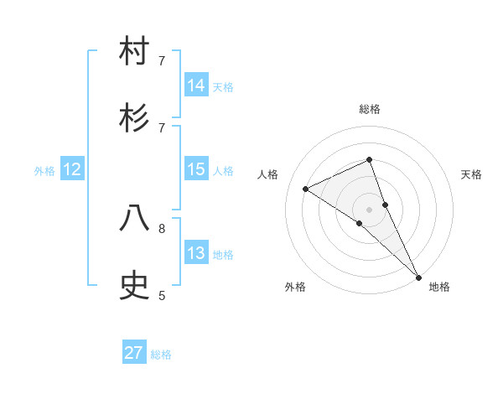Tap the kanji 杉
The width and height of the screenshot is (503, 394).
coord(135,118)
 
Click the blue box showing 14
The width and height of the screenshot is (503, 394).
coord(196,85)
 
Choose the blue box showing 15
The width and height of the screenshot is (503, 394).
coord(196,169)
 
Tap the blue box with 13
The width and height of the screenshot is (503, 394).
coord(196,253)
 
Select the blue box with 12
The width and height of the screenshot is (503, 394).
coord(72,169)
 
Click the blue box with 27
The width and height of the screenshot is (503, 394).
coord(134,353)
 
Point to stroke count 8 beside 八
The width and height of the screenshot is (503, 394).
coord(162,227)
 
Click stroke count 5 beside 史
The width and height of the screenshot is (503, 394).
coord(162,295)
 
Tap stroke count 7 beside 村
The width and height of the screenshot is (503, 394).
coord(162,60)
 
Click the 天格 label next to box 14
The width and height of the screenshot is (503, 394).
coord(223,86)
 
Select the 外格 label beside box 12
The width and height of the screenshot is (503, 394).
coord(44,171)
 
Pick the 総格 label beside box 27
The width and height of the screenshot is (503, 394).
coord(161,355)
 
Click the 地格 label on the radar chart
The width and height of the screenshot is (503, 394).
coord(439,288)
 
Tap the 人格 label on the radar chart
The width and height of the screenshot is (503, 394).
coord(268,174)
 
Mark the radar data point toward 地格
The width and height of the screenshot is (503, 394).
coord(418,277)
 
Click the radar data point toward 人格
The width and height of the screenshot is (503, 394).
coord(306,189)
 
